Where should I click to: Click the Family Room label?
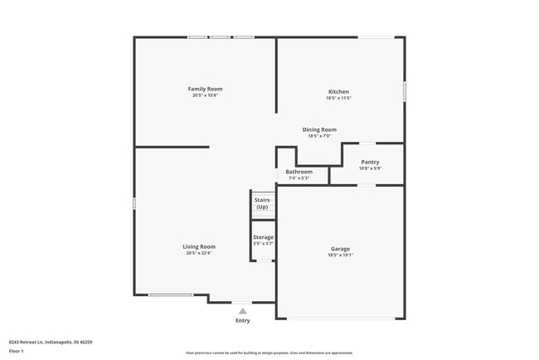pos(205,89)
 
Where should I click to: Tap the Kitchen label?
pos(338,91)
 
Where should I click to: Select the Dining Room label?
pos(319,129)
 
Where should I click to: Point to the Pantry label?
pos(370,162)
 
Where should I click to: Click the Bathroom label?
pos(299,172)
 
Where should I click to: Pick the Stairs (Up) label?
pos(262,203)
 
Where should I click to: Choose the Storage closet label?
pos(263,237)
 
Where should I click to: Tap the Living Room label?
pos(199,246)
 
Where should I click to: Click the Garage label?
pos(340,249)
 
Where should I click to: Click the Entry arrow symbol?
pos(242,311)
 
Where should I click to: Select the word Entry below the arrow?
pos(242,320)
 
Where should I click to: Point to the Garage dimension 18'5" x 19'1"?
pos(340,255)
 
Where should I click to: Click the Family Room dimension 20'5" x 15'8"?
pos(205,95)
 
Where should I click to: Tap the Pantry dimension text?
pos(370,168)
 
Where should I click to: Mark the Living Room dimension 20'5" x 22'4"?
pos(199,253)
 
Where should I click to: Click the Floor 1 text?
pos(17,351)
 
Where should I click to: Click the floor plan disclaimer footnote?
pos(269,353)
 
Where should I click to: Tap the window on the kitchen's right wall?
pos(405,90)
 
